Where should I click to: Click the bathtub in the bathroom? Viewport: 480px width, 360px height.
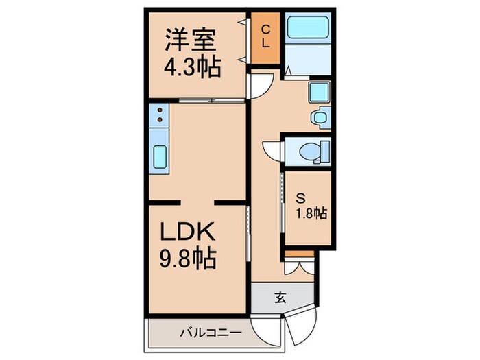click(x=307, y=27)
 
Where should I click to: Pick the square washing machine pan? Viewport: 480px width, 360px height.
click(x=319, y=92)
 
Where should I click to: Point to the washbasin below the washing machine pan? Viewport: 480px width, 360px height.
click(x=320, y=117)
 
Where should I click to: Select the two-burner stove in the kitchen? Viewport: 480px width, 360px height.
click(x=158, y=115)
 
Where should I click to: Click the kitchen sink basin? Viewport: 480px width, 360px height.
click(x=159, y=158)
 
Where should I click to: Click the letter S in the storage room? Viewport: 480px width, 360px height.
click(x=300, y=197)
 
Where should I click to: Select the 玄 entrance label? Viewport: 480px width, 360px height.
click(x=280, y=298)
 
